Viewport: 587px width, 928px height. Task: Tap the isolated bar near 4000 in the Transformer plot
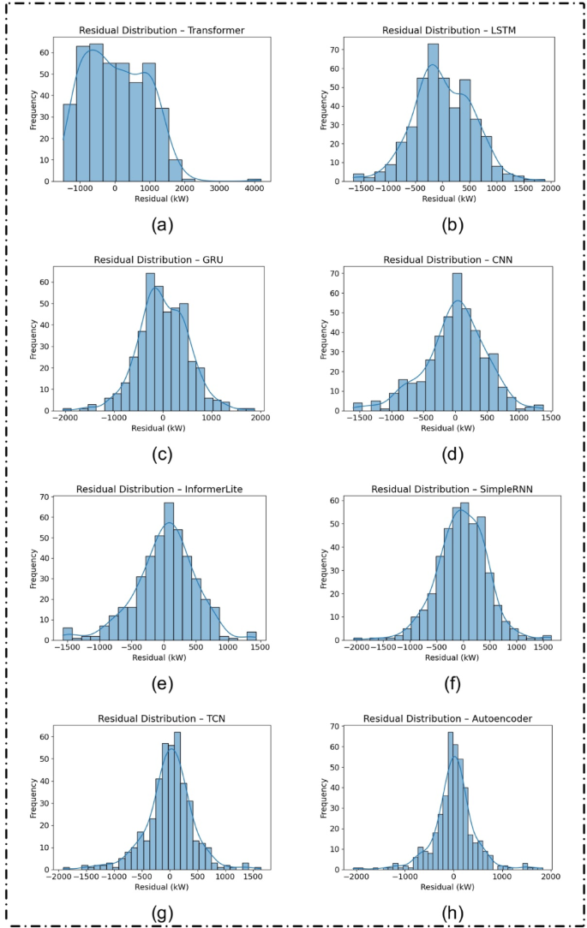pos(255,180)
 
